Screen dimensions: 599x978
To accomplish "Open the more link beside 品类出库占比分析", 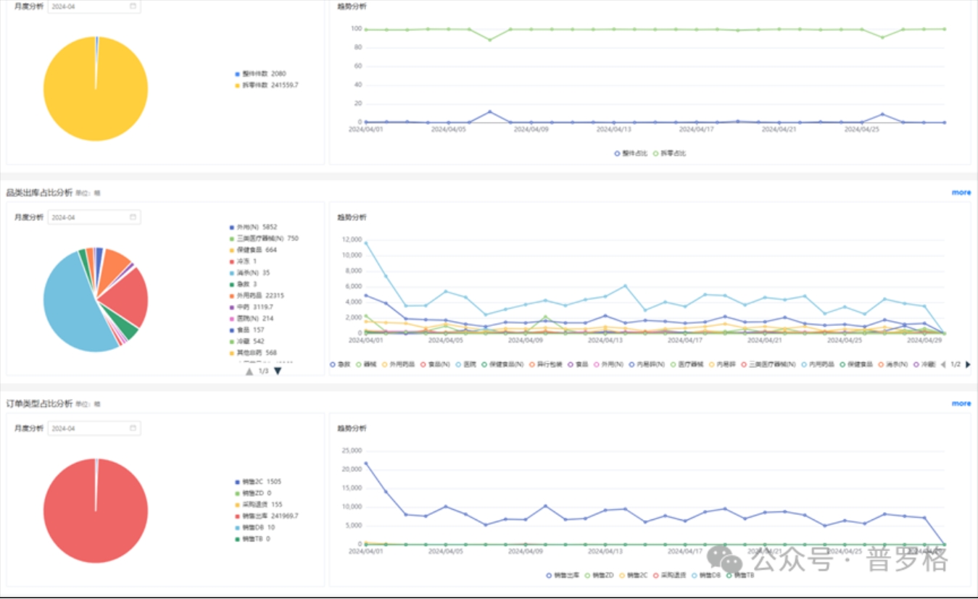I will point(961,193).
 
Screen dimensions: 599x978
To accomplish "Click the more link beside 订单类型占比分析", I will point(961,403).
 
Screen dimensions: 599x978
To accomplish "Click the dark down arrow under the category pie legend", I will point(278,371).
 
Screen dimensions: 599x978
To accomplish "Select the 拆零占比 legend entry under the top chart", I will point(670,154).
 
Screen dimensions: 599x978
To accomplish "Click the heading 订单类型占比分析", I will point(39,403).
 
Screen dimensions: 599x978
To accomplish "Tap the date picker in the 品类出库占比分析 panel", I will point(94,217).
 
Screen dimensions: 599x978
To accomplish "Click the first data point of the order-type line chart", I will point(365,463).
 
